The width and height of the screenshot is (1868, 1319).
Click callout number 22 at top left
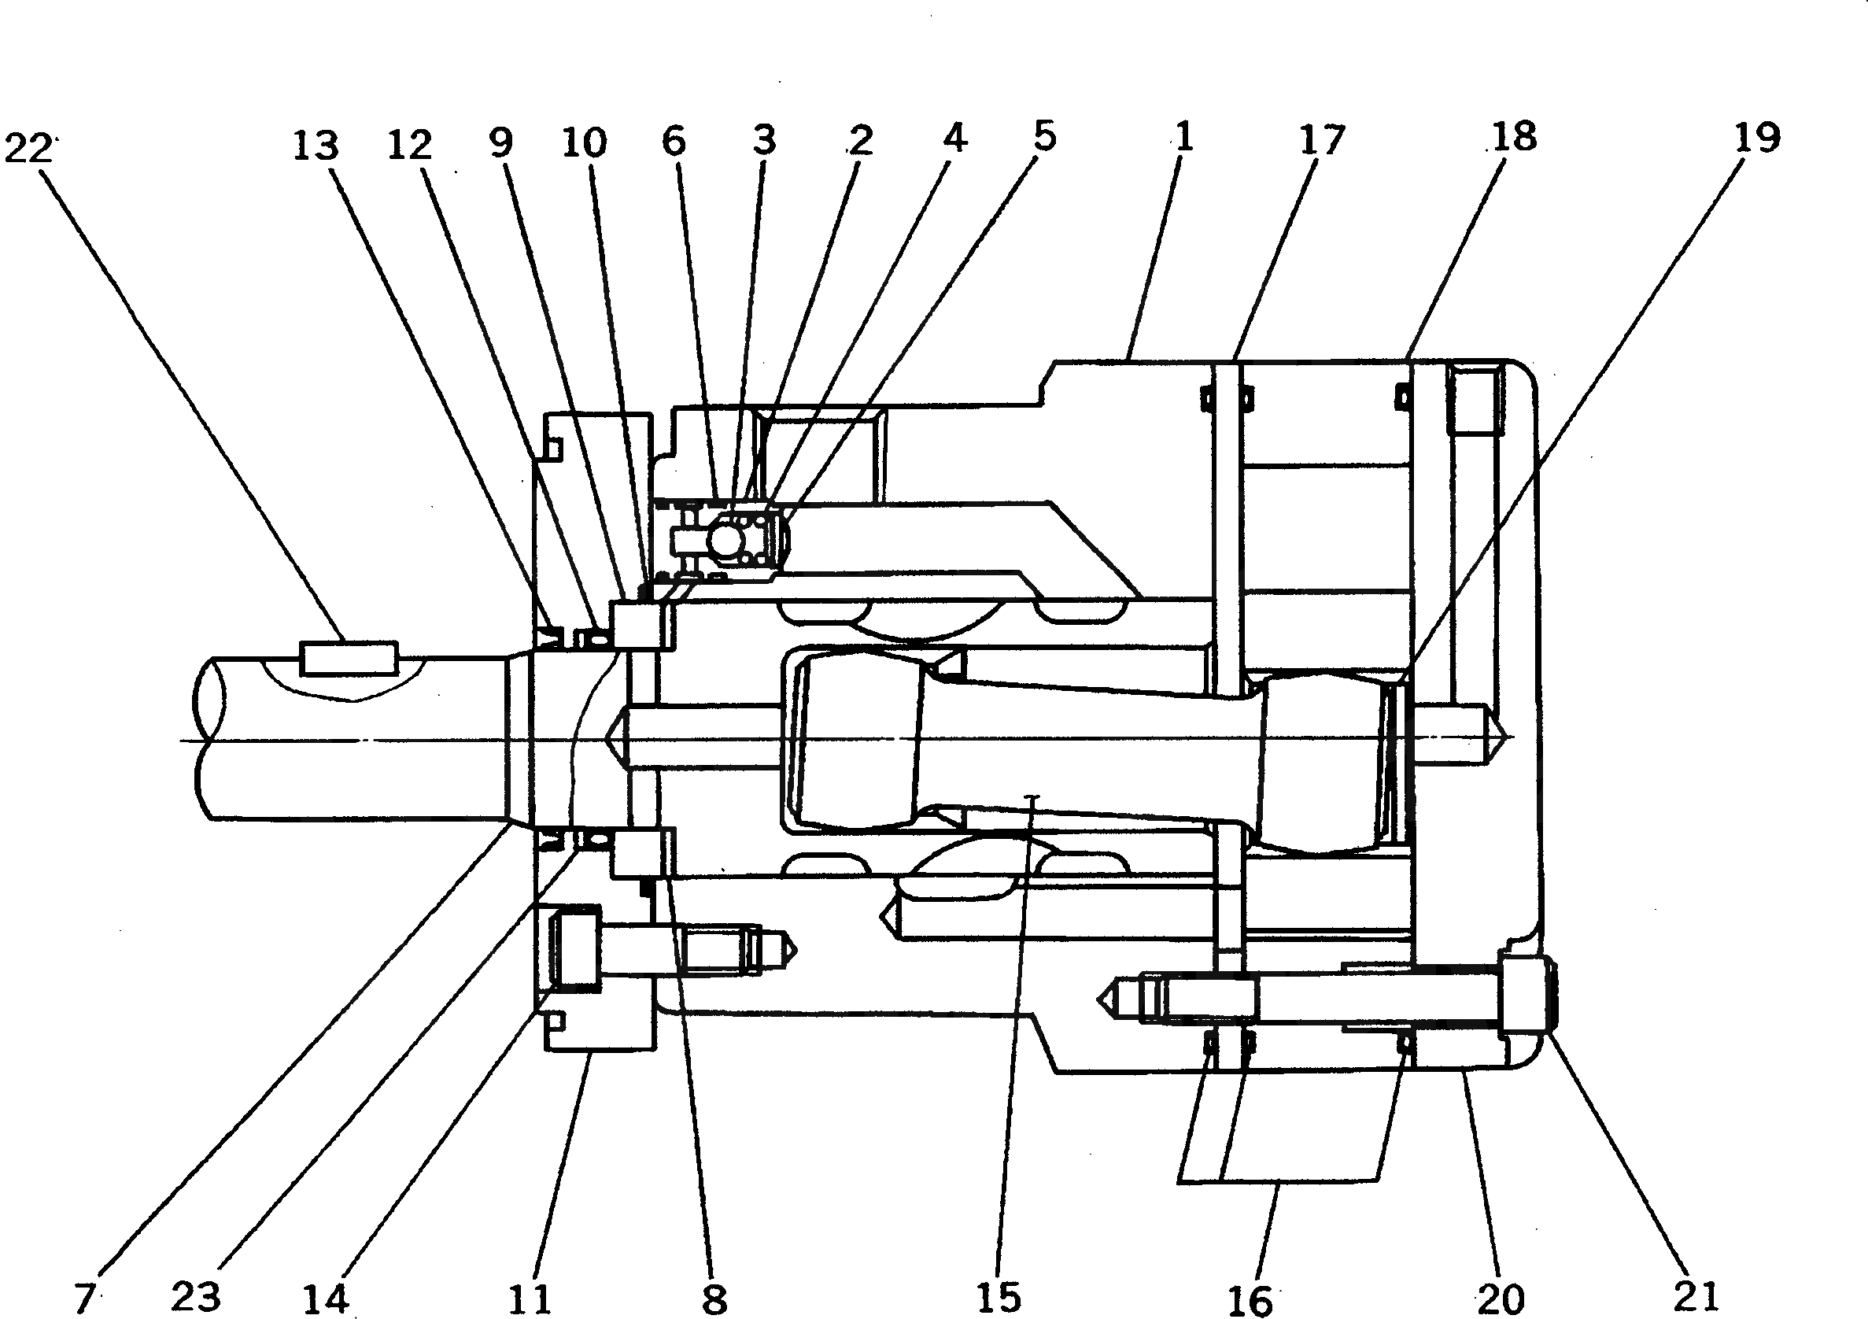(x=29, y=149)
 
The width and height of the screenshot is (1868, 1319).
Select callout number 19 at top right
(x=1756, y=139)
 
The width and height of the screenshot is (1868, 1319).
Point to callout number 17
(x=1321, y=140)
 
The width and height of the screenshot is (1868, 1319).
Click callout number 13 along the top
(x=316, y=146)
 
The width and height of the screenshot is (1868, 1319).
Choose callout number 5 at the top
(x=1044, y=137)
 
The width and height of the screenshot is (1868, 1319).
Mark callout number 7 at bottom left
(x=85, y=1297)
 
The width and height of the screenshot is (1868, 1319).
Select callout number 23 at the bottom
(x=196, y=1295)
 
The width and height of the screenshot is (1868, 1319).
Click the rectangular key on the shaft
(x=349, y=657)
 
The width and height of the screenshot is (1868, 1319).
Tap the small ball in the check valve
(x=725, y=538)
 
